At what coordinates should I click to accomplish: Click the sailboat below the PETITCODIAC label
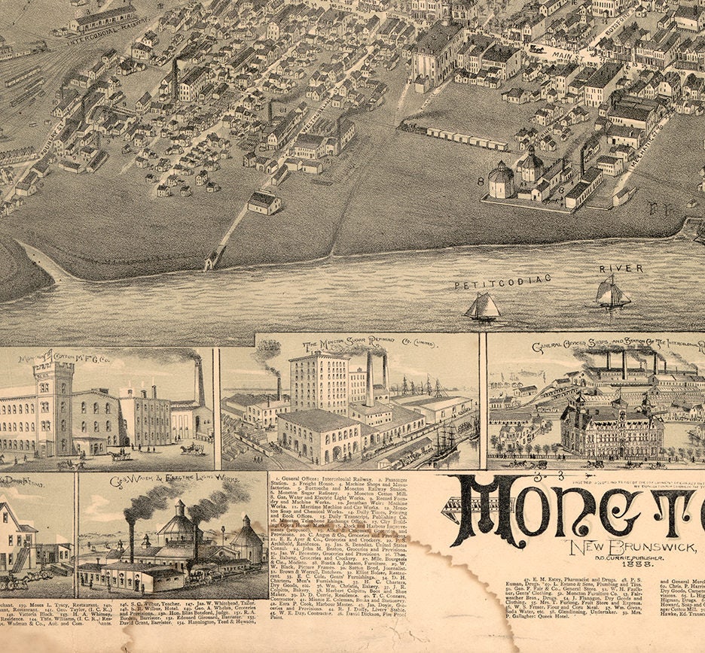(482, 306)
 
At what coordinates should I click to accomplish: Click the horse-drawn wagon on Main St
(537, 49)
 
